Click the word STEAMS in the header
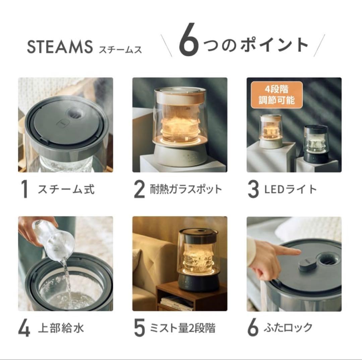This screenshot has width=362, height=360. (59, 47)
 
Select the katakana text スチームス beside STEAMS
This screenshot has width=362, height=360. (120, 50)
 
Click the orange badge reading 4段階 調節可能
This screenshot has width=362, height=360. (277, 95)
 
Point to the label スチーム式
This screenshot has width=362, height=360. (66, 190)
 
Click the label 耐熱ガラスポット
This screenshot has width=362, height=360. (185, 190)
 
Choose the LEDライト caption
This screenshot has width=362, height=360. (290, 190)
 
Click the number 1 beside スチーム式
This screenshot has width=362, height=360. (24, 190)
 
